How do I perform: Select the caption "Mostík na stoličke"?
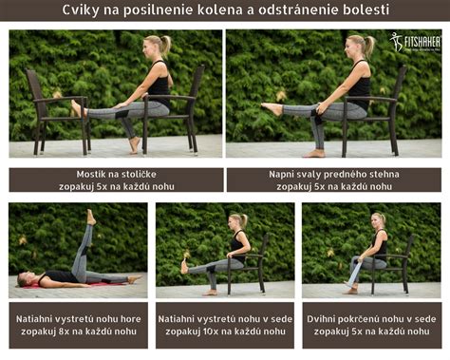(x=117, y=174)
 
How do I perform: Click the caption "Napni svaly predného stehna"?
(x=333, y=174)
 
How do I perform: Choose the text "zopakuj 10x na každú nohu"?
(x=224, y=332)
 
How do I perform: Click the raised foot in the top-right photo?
(x=272, y=108)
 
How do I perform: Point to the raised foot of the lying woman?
(x=90, y=218)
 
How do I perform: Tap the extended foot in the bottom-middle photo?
(x=185, y=267)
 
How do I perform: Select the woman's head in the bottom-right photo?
(x=378, y=220)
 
